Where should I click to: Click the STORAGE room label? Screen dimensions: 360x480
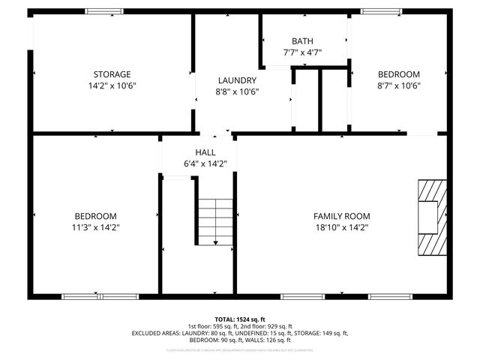(x=112, y=74)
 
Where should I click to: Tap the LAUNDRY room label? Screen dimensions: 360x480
(x=237, y=80)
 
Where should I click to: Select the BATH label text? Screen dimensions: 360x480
(x=303, y=41)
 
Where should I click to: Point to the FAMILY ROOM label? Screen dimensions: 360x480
(x=342, y=216)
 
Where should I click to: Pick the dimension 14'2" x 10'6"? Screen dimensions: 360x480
(x=112, y=85)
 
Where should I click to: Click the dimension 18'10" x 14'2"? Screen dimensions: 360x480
(x=342, y=227)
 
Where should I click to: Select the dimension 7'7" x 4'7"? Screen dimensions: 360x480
(x=303, y=52)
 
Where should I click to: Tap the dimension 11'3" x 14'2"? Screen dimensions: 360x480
(x=94, y=227)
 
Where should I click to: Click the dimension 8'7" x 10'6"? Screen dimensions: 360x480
(x=398, y=85)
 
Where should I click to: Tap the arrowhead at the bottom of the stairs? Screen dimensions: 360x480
(x=215, y=243)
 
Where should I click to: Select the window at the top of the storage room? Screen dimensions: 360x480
(x=105, y=11)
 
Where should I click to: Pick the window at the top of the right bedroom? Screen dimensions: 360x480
(x=375, y=11)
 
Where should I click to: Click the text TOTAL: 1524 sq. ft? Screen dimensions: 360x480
(x=239, y=319)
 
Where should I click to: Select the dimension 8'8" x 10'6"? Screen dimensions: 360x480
(x=237, y=91)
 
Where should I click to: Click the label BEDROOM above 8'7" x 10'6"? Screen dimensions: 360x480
(x=398, y=74)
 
